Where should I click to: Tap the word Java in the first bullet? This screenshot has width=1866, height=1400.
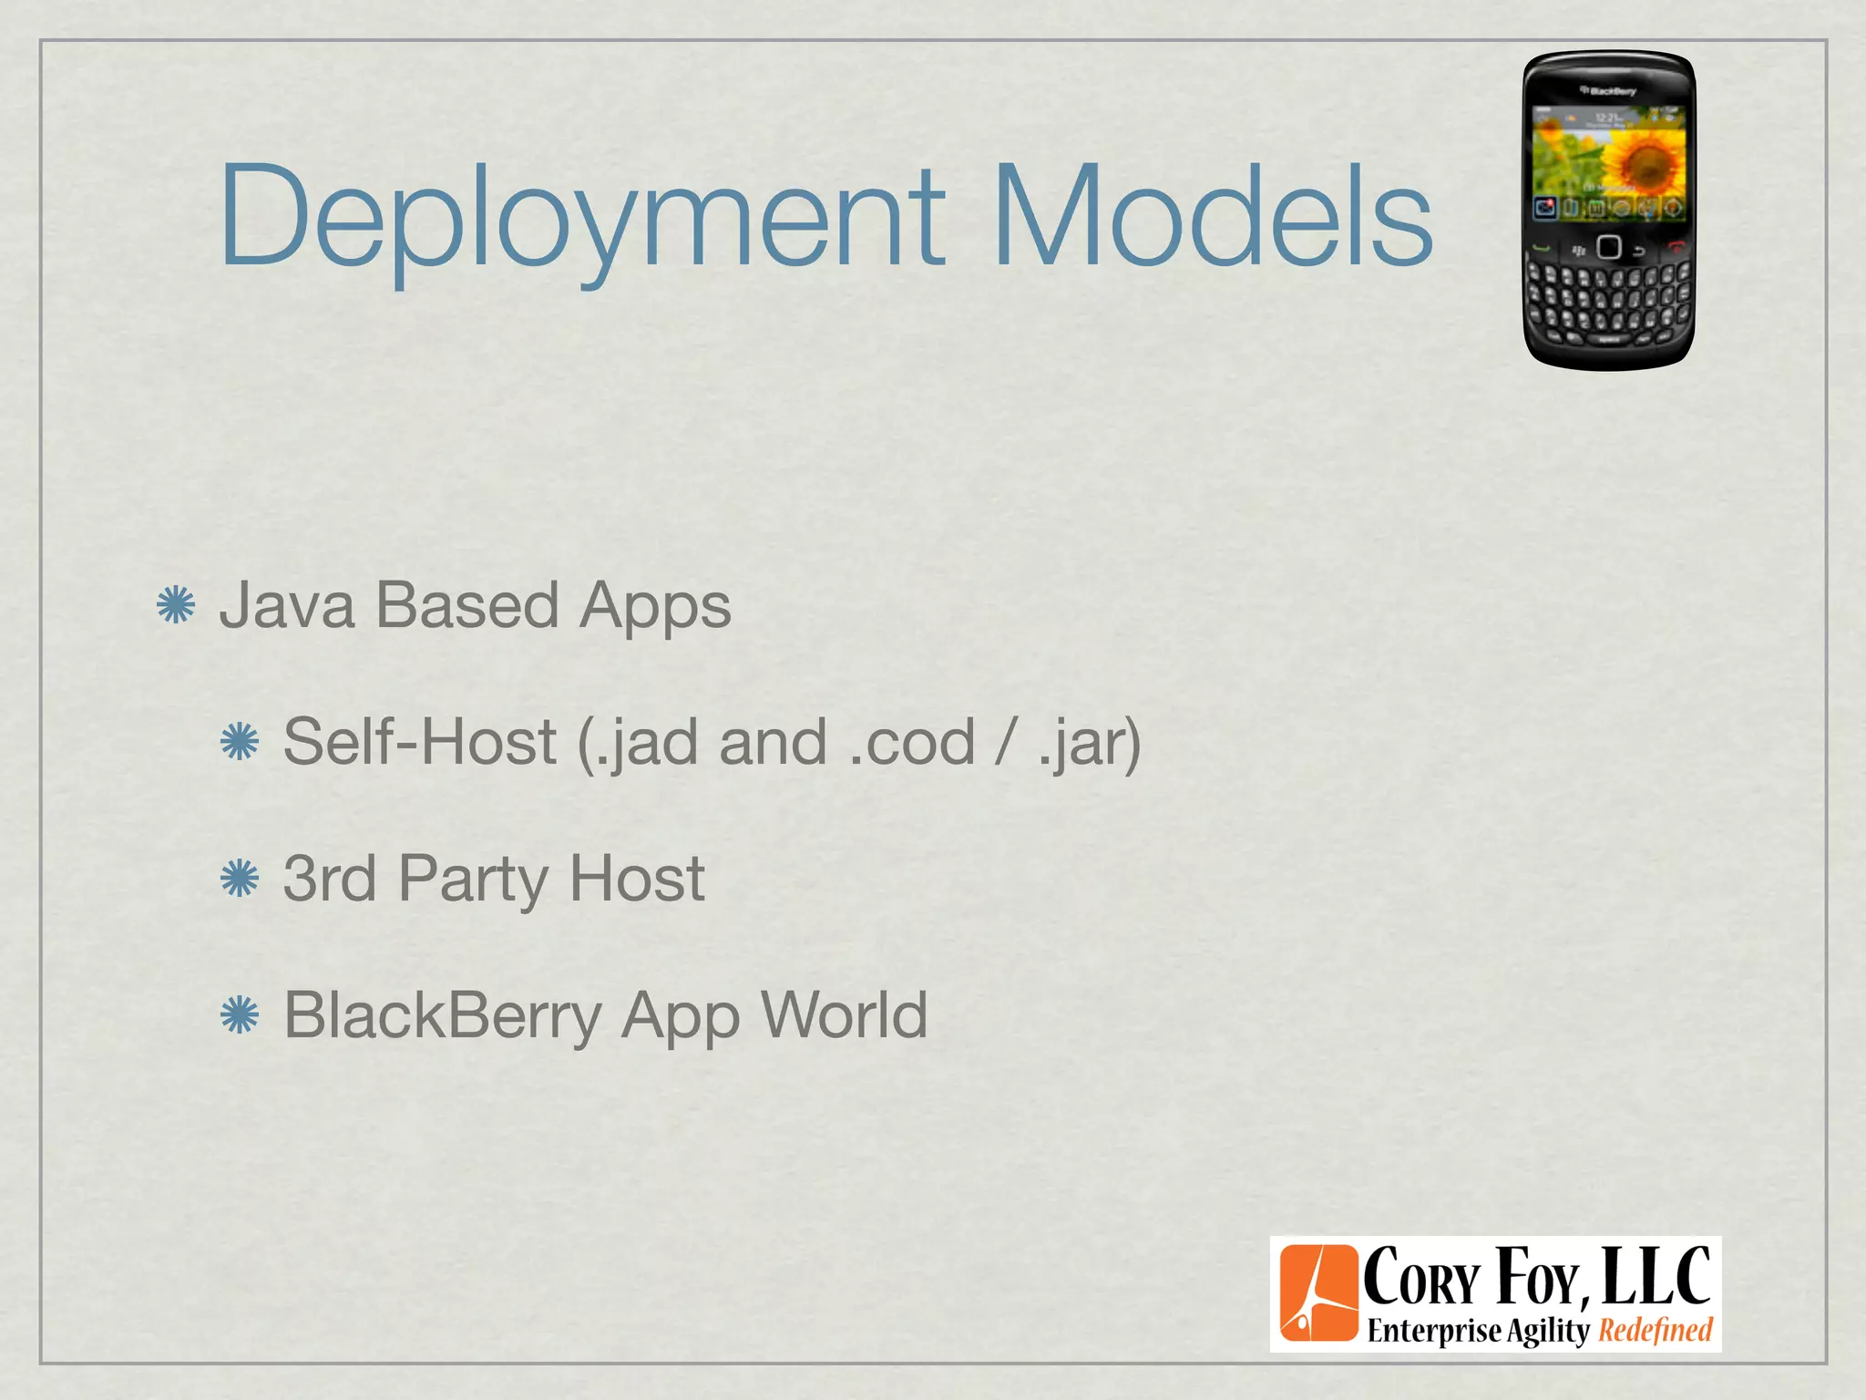click(287, 605)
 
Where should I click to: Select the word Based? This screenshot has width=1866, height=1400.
click(466, 605)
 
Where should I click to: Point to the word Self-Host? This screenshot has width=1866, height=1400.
click(419, 742)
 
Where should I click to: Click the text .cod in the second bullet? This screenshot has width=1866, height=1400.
click(911, 742)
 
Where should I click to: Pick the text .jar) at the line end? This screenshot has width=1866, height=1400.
click(1089, 744)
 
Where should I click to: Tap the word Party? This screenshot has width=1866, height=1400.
click(474, 880)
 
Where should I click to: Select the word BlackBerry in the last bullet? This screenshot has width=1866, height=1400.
click(442, 1015)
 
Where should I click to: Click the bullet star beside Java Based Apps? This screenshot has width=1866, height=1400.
click(176, 606)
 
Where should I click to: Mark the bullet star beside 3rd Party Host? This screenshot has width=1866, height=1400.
click(240, 880)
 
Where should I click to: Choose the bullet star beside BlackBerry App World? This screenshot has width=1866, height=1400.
click(240, 1015)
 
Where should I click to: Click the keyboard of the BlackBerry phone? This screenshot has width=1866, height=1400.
click(1608, 301)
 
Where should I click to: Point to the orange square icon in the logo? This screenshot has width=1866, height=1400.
click(1318, 1293)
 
